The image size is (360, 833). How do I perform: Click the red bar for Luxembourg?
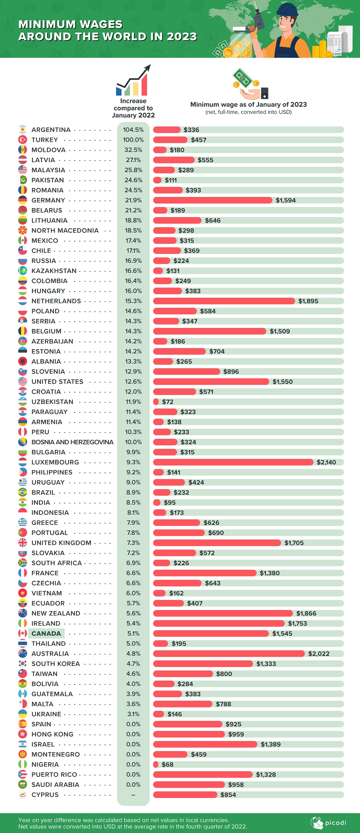[233, 462]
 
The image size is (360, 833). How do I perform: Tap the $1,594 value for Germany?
[285, 200]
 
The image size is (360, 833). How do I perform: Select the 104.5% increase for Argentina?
[133, 130]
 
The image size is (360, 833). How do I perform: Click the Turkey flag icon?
[22, 140]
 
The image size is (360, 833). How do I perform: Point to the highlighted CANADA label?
[46, 634]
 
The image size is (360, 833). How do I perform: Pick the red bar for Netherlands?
[224, 301]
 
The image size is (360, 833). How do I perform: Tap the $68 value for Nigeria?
[167, 764]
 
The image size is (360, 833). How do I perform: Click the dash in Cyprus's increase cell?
[133, 795]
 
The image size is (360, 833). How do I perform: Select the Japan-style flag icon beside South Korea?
[22, 664]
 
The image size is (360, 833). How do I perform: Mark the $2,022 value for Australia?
[319, 653]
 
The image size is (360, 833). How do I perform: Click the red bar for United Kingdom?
[217, 543]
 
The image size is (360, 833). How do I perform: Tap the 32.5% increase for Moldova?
[133, 150]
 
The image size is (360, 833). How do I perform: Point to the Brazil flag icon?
[22, 492]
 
